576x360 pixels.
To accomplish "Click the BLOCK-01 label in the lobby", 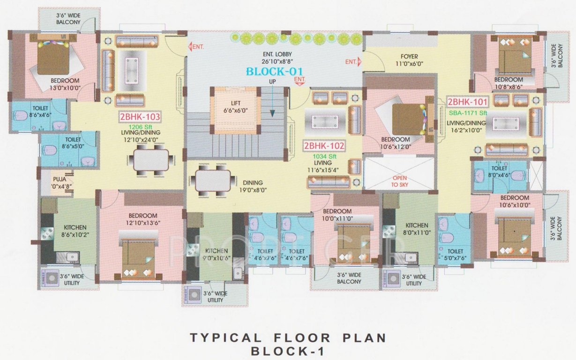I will (x=275, y=72).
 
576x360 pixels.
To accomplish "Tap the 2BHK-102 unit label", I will (x=324, y=146).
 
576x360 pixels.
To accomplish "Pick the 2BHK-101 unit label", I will (x=468, y=102).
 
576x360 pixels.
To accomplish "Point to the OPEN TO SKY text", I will (x=400, y=181).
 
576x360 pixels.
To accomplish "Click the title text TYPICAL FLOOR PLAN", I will (x=287, y=337).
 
